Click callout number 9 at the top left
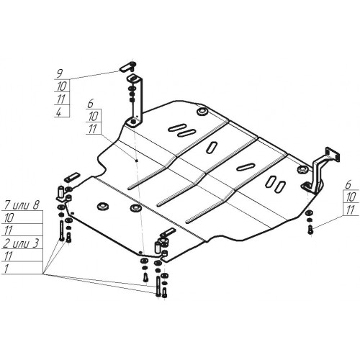[59, 73]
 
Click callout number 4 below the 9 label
[59, 112]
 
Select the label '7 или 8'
[22, 206]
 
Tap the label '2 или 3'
[21, 243]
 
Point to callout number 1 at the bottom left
[6, 269]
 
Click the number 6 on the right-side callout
[348, 184]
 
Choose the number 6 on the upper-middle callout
[90, 104]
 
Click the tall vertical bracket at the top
[136, 101]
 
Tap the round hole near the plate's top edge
[203, 112]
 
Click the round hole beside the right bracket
[302, 170]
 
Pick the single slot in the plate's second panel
[212, 147]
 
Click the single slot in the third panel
[246, 167]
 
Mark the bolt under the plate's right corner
[310, 230]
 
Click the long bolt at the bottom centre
[158, 286]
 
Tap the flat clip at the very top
[127, 66]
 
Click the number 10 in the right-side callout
[351, 197]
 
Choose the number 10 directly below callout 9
[62, 86]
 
